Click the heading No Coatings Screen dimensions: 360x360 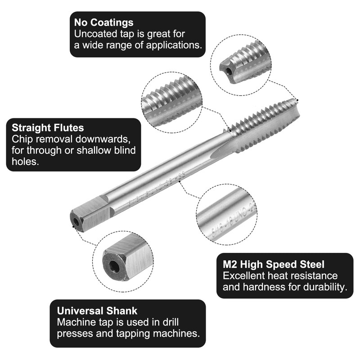tap(103, 22)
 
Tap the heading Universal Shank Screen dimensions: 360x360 tap(97, 310)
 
